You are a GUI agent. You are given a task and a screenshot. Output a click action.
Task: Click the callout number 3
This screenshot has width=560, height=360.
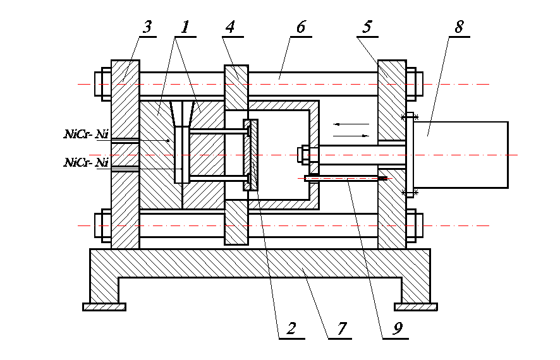tap(147, 27)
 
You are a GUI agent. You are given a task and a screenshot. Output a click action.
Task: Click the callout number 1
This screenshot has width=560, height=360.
tap(185, 27)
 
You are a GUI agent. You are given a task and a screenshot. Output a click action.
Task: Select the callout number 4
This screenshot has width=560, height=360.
tap(229, 27)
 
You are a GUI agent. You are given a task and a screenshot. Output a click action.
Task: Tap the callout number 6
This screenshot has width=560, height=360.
tap(300, 27)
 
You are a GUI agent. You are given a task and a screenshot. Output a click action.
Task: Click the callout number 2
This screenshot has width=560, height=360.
tap(291, 328)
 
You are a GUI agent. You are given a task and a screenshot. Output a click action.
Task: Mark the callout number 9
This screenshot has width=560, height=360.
tap(396, 328)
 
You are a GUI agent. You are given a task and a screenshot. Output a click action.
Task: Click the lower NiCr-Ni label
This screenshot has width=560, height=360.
tap(85, 162)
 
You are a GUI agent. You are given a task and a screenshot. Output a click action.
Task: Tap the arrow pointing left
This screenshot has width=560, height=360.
tap(349, 124)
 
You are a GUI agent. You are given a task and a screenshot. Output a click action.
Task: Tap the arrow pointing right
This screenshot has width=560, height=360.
tap(351, 135)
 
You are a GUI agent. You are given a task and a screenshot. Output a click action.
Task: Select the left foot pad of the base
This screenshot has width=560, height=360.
tap(104, 307)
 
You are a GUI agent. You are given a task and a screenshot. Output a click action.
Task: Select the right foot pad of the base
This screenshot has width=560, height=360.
tap(415, 307)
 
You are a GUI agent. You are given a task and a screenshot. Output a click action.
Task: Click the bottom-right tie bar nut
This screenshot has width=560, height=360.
tap(414, 225)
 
